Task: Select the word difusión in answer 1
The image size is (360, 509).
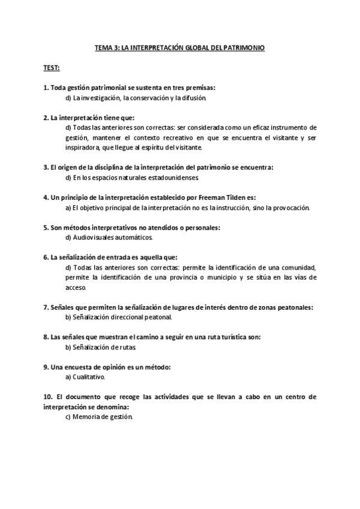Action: (195, 97)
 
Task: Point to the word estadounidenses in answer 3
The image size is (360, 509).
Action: (179, 178)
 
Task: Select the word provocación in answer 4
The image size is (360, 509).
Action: (287, 208)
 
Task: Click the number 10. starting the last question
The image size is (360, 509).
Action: (49, 397)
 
